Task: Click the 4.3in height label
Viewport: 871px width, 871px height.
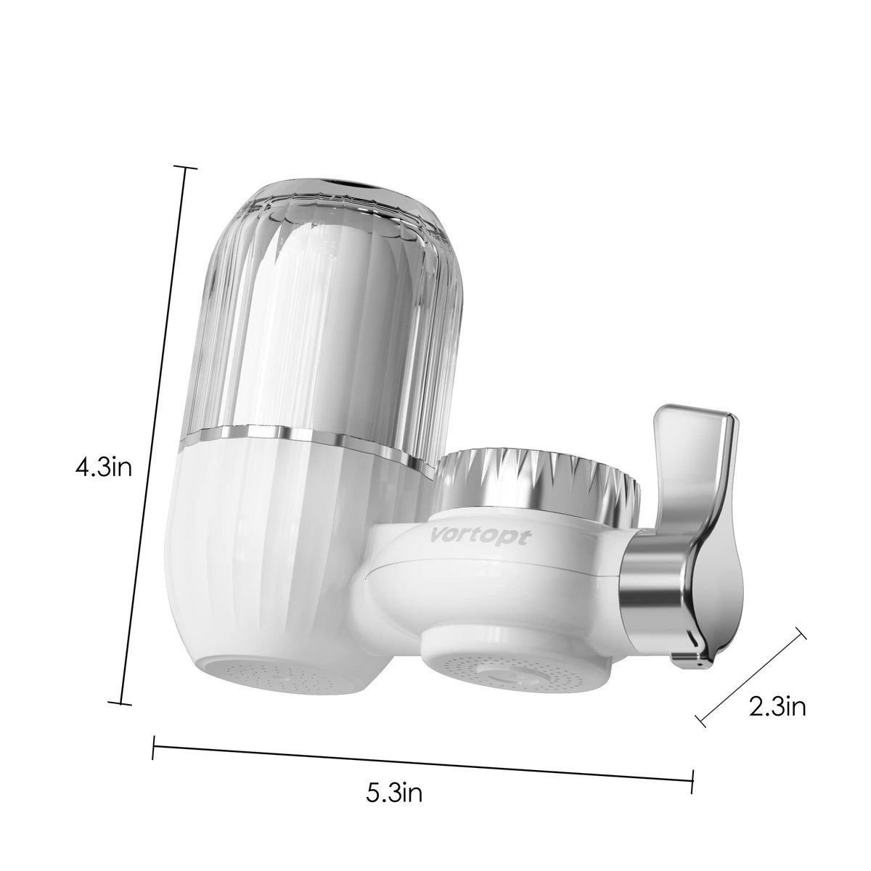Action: coord(103,467)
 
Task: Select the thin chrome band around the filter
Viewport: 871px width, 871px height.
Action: coord(305,438)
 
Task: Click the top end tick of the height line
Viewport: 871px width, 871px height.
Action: coord(187,168)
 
